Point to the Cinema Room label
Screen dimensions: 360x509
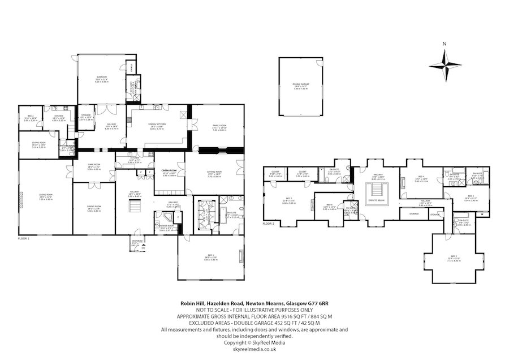(x=170, y=172)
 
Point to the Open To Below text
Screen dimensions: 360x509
(x=377, y=200)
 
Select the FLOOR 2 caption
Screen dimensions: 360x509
(x=269, y=224)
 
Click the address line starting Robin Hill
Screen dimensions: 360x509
(x=254, y=304)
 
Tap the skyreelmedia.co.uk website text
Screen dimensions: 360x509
(x=254, y=348)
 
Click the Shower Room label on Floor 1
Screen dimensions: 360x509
(x=166, y=229)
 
